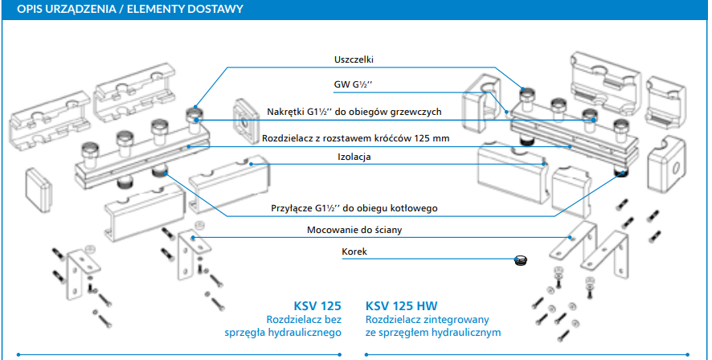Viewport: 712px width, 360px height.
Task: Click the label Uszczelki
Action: coord(354,59)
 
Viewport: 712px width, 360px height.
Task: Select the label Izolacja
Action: coord(354,157)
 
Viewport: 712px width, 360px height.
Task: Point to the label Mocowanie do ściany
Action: coord(354,231)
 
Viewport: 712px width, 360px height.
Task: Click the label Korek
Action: coord(354,252)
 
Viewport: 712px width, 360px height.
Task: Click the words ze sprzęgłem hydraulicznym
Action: coord(433,333)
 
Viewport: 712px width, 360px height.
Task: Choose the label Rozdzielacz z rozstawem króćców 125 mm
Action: coord(354,138)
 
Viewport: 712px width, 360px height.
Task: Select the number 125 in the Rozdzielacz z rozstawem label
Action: coord(423,138)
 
